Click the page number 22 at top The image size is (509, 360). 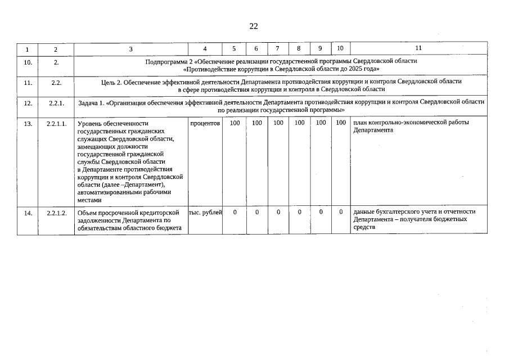coord(254,26)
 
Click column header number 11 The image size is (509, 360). coord(418,48)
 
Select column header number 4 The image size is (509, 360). coord(204,49)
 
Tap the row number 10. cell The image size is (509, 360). coord(28,62)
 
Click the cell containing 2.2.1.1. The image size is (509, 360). coord(56,123)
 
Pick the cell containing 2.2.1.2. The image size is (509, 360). coord(56,213)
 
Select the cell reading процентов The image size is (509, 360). coord(205,123)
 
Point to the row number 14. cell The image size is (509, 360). coord(28,213)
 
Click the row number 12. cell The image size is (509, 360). coord(28,103)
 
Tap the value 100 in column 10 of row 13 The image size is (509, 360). coord(340,123)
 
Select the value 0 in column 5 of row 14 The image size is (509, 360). coord(235,213)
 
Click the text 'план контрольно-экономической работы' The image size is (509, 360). coord(411,123)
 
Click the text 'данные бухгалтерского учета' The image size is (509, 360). coord(394,212)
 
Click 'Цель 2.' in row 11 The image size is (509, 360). coord(111,82)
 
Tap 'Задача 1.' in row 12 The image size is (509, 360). coord(91,102)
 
